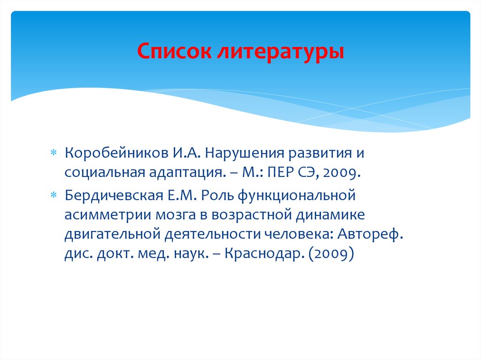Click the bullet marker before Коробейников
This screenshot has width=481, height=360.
[x=53, y=153]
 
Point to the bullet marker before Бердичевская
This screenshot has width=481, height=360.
[x=53, y=194]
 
